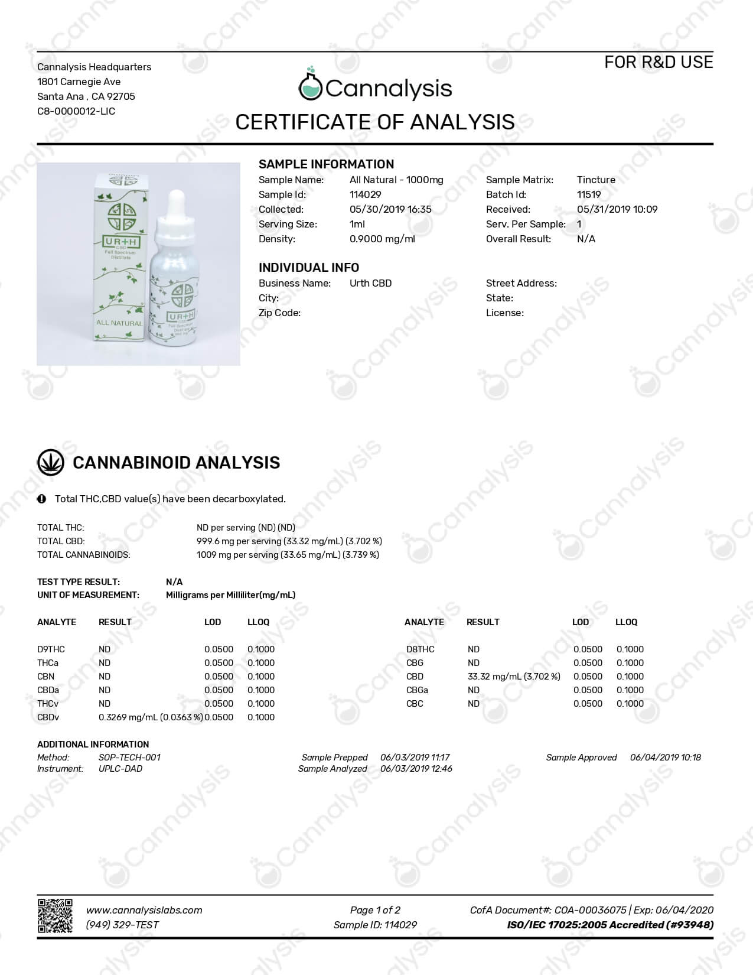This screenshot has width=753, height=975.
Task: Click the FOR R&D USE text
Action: [x=658, y=62]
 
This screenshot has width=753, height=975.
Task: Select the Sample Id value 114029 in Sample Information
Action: [x=365, y=194]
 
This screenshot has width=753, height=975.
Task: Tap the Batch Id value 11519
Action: [x=588, y=194]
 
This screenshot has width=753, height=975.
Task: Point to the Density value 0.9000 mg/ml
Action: [x=382, y=239]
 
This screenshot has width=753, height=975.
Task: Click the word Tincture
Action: [x=595, y=180]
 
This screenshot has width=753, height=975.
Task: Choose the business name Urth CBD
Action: [x=370, y=283]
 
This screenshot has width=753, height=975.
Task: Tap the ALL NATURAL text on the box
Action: [x=119, y=323]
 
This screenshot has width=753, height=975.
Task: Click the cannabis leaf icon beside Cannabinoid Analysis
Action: [x=51, y=463]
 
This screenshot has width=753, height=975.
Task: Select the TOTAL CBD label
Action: [x=61, y=541]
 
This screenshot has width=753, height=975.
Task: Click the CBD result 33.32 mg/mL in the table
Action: [x=513, y=676]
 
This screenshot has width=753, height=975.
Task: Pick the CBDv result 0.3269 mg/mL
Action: [x=150, y=717]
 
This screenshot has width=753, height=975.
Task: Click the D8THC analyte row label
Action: [x=420, y=649]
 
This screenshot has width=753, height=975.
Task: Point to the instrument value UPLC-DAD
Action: [x=120, y=768]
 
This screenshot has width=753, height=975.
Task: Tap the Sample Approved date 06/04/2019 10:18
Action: [x=665, y=757]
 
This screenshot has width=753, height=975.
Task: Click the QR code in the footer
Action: [x=55, y=916]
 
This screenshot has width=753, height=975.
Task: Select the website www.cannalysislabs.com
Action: [x=144, y=910]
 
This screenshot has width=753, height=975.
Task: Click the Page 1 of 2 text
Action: [x=375, y=910]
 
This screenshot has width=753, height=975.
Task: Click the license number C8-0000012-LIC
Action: [x=76, y=111]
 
